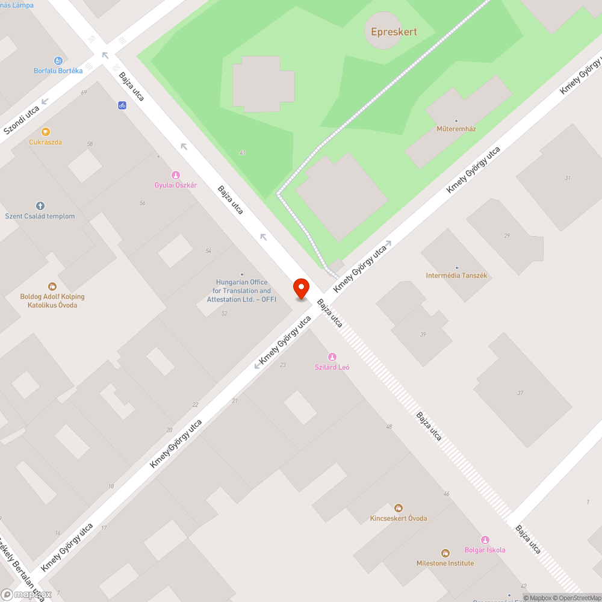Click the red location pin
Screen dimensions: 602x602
[x=301, y=288]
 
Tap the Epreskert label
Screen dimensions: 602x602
[x=394, y=32]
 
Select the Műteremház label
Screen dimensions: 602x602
[x=456, y=129]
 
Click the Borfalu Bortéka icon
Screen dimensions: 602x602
[x=58, y=60]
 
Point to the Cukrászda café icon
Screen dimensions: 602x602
[x=46, y=132]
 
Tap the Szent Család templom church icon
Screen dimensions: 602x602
[x=40, y=206]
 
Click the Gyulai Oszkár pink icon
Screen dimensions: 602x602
[x=176, y=175]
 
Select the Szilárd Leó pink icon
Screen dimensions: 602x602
[x=332, y=357]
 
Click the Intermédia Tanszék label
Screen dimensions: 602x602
[x=456, y=276]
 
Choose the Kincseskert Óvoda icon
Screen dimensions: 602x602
[x=399, y=508]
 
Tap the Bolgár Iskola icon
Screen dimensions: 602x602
[x=485, y=539]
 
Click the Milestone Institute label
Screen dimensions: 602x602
[x=445, y=563]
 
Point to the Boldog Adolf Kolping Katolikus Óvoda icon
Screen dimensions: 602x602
[x=52, y=286]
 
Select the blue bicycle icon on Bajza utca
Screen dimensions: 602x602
[x=122, y=105]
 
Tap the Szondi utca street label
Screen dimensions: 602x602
[x=22, y=120]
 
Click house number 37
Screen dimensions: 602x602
[x=520, y=393]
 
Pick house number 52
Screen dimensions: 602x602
[x=225, y=314]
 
